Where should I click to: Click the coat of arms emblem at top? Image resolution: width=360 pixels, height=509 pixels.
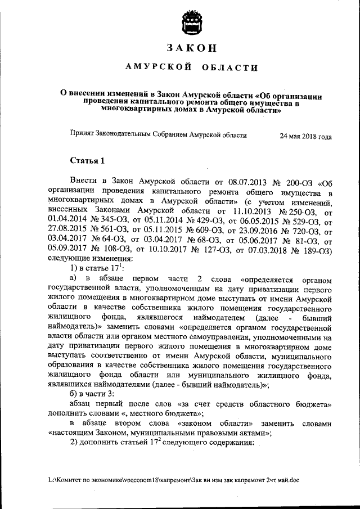(191, 24)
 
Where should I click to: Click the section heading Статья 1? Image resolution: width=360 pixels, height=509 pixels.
(87, 162)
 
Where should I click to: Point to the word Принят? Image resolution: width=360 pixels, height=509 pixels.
(82, 136)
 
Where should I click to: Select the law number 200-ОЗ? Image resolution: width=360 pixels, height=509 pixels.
(303, 183)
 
